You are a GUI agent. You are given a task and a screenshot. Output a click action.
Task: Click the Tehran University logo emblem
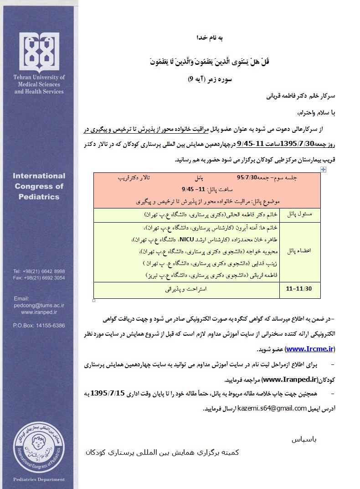pyautogui.click(x=40, y=51)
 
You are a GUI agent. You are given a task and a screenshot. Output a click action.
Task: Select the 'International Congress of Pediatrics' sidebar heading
pyautogui.click(x=39, y=186)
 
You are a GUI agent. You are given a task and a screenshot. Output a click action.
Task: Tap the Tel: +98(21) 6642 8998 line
pyautogui.click(x=39, y=271)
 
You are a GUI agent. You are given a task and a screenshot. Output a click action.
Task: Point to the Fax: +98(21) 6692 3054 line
pyautogui.click(x=39, y=277)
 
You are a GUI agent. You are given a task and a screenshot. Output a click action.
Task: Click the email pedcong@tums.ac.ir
pyautogui.click(x=39, y=305)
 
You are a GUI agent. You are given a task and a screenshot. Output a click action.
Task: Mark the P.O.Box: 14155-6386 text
pyautogui.click(x=39, y=326)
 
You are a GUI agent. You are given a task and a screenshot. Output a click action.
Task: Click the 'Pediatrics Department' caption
pyautogui.click(x=39, y=479)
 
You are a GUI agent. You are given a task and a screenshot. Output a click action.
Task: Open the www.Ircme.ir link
pyautogui.click(x=310, y=349)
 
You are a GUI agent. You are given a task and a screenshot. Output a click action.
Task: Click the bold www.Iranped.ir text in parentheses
pyautogui.click(x=290, y=379)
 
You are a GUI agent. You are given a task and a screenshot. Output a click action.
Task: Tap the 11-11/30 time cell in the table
pyautogui.click(x=302, y=289)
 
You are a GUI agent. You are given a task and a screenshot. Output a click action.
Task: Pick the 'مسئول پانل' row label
pyautogui.click(x=303, y=214)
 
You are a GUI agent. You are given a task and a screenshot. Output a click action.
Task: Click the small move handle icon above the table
pyautogui.click(x=323, y=169)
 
